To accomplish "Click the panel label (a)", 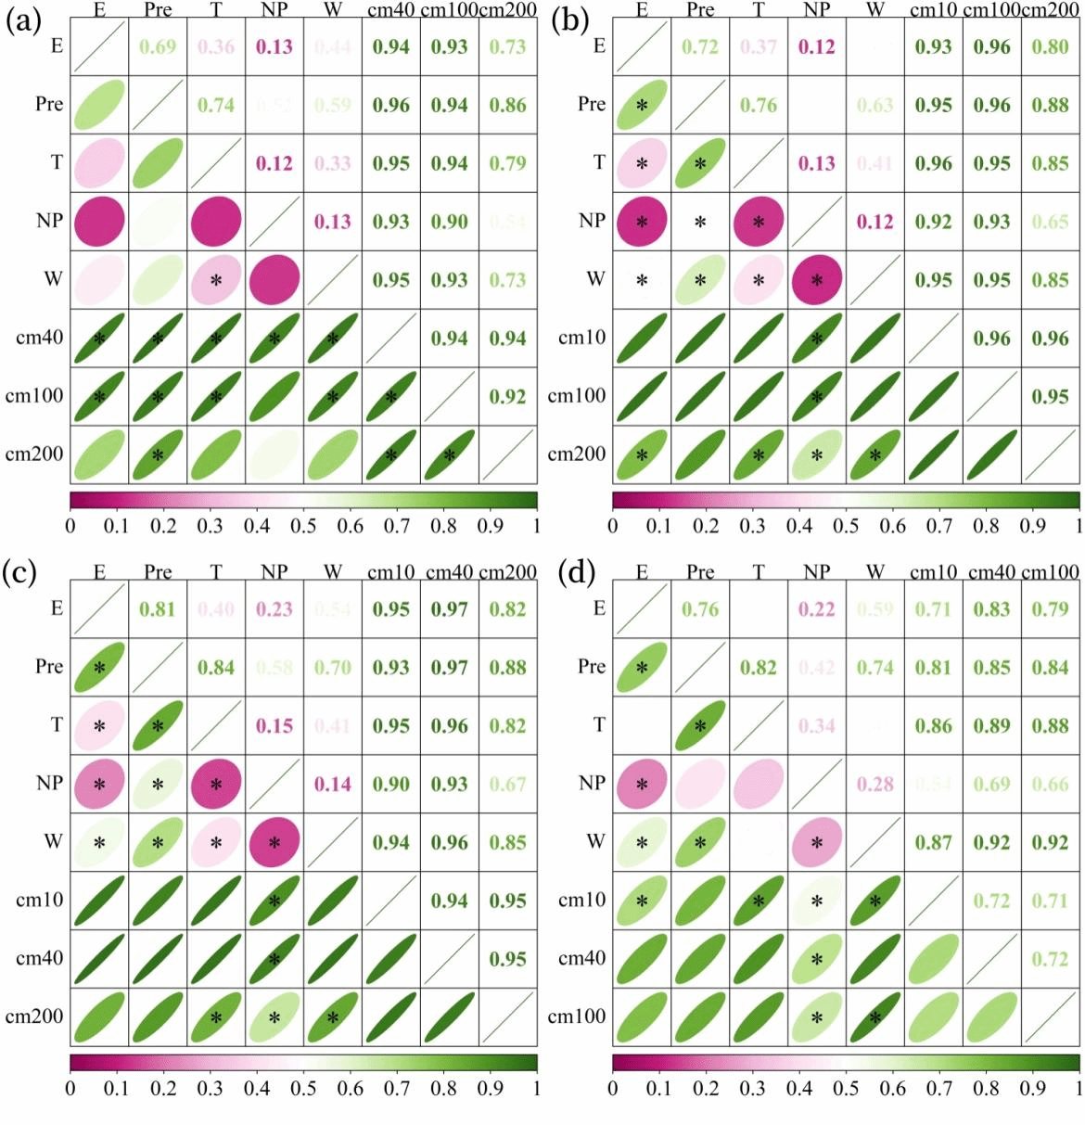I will [x=22, y=21].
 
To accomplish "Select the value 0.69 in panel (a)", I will [x=158, y=46].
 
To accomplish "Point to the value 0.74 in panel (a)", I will [x=216, y=105].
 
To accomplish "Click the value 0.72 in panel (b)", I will [x=700, y=46].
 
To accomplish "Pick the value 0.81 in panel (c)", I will [x=158, y=609].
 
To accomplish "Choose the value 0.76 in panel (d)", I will [x=700, y=609].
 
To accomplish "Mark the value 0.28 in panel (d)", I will [x=874, y=785].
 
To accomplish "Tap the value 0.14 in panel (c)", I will [x=332, y=785].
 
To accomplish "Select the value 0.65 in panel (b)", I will [x=1050, y=222].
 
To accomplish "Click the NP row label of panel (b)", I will [x=592, y=221].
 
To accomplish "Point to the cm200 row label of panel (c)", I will [x=35, y=1016].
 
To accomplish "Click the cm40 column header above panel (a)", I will [x=390, y=10].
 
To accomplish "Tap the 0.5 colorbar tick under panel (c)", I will [x=303, y=1089].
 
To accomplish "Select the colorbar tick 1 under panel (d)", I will [x=1079, y=1089].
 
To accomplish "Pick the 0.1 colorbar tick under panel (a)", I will [x=116, y=527].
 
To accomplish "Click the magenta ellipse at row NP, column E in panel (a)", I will [x=99, y=222].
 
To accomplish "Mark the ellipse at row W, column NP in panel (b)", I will [x=816, y=280].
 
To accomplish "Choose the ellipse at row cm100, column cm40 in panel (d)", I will [x=991, y=1016].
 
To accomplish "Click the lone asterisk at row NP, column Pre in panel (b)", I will [x=700, y=223].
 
